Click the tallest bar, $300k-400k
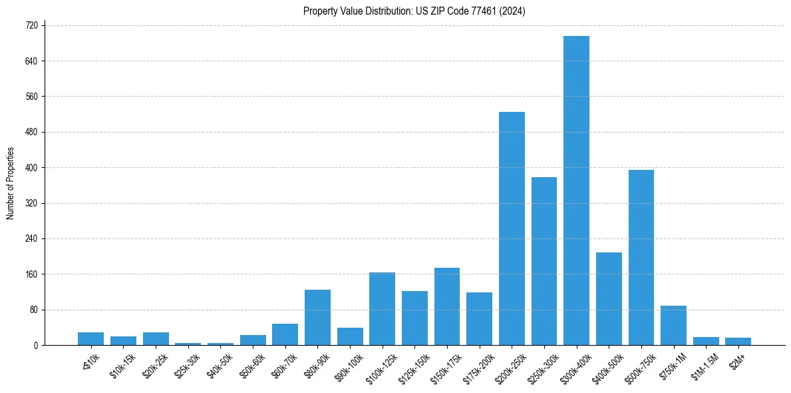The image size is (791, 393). pyautogui.click(x=576, y=191)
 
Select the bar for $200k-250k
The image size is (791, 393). pyautogui.click(x=512, y=228)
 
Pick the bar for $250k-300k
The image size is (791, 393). pyautogui.click(x=544, y=261)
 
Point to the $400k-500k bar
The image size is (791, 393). pyautogui.click(x=609, y=298)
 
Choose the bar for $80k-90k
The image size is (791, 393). pyautogui.click(x=317, y=317)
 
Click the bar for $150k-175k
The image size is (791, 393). pyautogui.click(x=447, y=306)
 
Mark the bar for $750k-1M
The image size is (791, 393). pyautogui.click(x=673, y=325)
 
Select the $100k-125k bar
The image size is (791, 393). pyautogui.click(x=382, y=308)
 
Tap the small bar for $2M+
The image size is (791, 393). pyautogui.click(x=738, y=341)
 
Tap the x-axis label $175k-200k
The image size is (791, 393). pyautogui.click(x=477, y=364)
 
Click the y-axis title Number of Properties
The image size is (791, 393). pyautogui.click(x=10, y=184)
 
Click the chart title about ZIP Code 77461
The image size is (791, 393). pyautogui.click(x=414, y=11)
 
